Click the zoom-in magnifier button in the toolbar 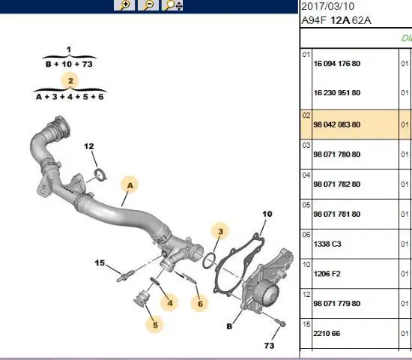pyautogui.click(x=124, y=5)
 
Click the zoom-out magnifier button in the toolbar pyautogui.click(x=148, y=5)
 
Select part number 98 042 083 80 pyautogui.click(x=337, y=124)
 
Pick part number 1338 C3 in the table pyautogui.click(x=327, y=244)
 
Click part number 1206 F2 pyautogui.click(x=327, y=274)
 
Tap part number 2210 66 pyautogui.click(x=327, y=334)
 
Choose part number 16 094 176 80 pyautogui.click(x=337, y=64)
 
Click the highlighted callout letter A pyautogui.click(x=130, y=186)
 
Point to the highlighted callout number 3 pyautogui.click(x=220, y=231)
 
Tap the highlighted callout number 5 pyautogui.click(x=155, y=325)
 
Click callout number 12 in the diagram pyautogui.click(x=89, y=146)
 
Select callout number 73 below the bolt pyautogui.click(x=269, y=346)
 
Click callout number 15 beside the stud pyautogui.click(x=100, y=263)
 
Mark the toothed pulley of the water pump pyautogui.click(x=266, y=293)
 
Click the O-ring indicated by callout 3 pyautogui.click(x=209, y=260)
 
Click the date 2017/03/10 pyautogui.click(x=327, y=6)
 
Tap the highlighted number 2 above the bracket pyautogui.click(x=70, y=81)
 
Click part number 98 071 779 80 pyautogui.click(x=337, y=304)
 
